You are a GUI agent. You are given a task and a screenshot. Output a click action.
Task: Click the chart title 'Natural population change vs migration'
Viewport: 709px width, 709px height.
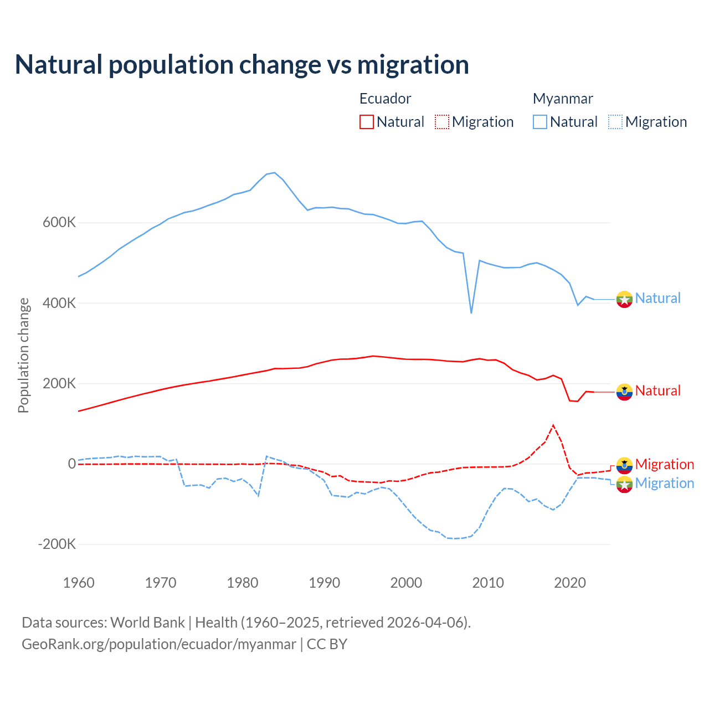242,65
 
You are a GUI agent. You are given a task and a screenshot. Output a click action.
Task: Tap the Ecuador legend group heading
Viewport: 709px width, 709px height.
385,99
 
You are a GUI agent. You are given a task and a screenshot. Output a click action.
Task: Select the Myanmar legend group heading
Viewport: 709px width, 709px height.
563,99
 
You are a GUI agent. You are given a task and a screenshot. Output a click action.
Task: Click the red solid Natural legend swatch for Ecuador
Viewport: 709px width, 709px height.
367,122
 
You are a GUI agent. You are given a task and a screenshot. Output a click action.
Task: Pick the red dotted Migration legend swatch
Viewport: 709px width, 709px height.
442,122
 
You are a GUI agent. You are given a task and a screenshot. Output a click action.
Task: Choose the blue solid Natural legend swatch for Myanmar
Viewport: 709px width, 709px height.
540,122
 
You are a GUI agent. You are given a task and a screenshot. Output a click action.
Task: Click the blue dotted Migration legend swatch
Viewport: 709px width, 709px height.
615,122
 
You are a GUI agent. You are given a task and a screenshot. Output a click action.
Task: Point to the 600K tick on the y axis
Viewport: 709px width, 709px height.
59,223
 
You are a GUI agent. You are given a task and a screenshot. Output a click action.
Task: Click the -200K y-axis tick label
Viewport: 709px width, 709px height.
57,544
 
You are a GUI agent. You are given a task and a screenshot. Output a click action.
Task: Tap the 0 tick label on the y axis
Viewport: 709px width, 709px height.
71,464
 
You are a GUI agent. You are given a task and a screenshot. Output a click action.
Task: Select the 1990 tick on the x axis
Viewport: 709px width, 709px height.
325,583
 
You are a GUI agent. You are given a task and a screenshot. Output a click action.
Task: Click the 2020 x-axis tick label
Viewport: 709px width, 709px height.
570,583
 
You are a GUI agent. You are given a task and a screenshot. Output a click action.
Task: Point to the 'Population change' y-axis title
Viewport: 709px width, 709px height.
23,355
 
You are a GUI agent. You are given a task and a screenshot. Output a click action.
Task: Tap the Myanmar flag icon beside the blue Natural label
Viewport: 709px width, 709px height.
624,299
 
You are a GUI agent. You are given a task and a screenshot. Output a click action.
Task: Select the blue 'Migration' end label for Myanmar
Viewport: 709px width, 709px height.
665,483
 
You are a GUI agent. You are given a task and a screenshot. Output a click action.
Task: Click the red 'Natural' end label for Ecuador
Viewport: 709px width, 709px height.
657,391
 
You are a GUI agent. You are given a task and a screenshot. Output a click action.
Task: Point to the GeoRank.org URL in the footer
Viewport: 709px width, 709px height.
159,644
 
